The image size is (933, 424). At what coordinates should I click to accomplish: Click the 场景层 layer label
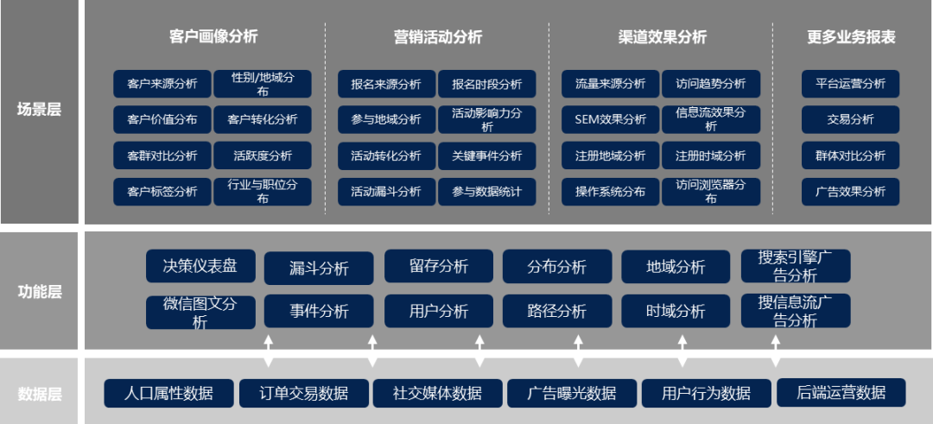tap(39, 110)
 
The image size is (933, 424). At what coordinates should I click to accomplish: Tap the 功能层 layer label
tap(39, 292)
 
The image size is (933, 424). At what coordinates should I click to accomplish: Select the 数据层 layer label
tap(39, 395)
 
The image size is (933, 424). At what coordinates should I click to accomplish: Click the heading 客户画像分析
tap(213, 36)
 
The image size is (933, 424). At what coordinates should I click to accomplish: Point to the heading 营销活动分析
tap(437, 37)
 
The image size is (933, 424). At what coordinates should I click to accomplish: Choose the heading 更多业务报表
tap(851, 37)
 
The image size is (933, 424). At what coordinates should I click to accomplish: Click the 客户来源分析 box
tap(162, 84)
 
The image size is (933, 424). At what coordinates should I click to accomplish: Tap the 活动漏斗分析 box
tap(386, 192)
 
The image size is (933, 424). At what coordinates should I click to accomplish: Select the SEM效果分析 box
tap(610, 119)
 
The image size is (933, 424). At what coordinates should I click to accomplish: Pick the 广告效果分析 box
tap(851, 192)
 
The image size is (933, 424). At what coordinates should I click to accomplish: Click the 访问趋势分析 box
tap(711, 84)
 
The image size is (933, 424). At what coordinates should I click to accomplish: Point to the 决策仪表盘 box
tap(200, 266)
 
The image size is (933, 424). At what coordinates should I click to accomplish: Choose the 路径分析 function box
tap(557, 311)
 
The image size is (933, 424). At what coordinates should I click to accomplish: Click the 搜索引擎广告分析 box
tap(796, 266)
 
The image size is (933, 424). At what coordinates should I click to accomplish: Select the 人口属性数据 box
tap(168, 393)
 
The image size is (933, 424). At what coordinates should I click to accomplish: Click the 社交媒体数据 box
tap(438, 393)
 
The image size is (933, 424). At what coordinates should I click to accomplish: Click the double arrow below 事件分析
tap(372, 351)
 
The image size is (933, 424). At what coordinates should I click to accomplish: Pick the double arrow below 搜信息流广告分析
tap(776, 351)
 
